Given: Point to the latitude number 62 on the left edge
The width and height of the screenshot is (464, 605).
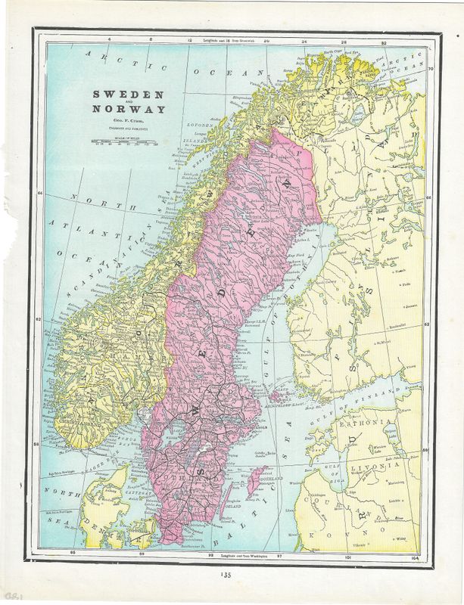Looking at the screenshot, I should pos(39,320).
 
